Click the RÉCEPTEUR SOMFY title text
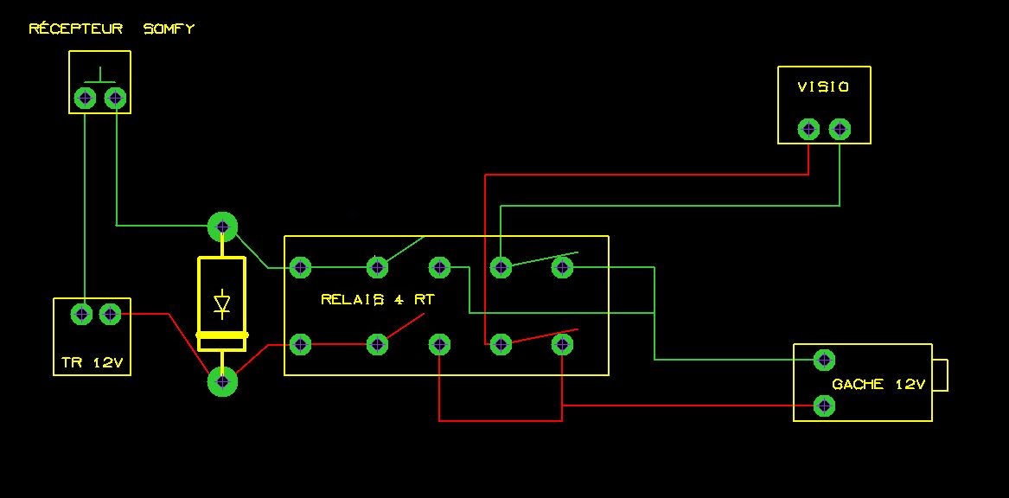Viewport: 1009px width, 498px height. point(112,29)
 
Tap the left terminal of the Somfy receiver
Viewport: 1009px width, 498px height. point(85,98)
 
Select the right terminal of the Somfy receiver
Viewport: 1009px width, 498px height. point(115,98)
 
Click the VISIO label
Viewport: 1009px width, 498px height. point(823,87)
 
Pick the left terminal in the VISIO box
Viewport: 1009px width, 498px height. point(808,130)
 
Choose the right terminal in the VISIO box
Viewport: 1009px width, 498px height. point(839,130)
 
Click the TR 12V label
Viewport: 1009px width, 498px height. point(91,363)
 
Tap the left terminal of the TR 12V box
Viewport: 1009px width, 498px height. point(81,315)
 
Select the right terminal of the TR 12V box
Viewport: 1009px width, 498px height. point(110,315)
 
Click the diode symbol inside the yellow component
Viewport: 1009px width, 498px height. point(221,303)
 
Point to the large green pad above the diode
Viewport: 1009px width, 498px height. point(222,227)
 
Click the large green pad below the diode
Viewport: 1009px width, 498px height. point(222,380)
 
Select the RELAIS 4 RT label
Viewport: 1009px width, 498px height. point(377,300)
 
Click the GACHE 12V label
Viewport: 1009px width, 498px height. point(878,385)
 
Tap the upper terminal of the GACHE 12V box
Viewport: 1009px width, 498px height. point(824,359)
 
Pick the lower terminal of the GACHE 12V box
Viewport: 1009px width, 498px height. point(824,405)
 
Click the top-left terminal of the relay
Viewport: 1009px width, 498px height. point(300,267)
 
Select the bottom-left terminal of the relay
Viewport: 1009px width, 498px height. point(300,344)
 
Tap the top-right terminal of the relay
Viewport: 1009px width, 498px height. point(562,267)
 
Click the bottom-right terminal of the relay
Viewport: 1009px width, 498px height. point(562,344)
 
